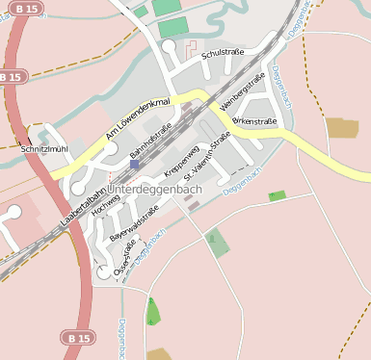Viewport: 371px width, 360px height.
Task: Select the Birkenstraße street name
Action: [255, 121]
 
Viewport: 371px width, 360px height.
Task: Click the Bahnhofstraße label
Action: [150, 141]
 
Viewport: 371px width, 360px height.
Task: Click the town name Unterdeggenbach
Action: [156, 191]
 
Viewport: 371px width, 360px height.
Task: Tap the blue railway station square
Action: [134, 165]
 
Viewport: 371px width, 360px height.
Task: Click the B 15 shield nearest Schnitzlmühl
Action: [11, 76]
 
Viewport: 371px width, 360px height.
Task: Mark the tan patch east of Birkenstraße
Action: [341, 128]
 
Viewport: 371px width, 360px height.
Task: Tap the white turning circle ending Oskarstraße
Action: [104, 272]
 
